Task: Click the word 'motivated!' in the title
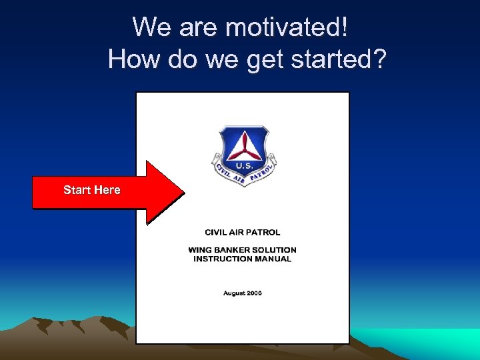[x=286, y=27]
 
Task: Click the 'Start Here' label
[x=92, y=190]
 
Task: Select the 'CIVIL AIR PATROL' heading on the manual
[x=243, y=233]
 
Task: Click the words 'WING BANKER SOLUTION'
[x=243, y=250]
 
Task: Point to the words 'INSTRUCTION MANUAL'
[x=243, y=259]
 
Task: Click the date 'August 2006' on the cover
[x=243, y=293]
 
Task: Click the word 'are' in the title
[x=199, y=27]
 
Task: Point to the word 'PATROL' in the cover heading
[x=263, y=233]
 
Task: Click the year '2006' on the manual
[x=253, y=293]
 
